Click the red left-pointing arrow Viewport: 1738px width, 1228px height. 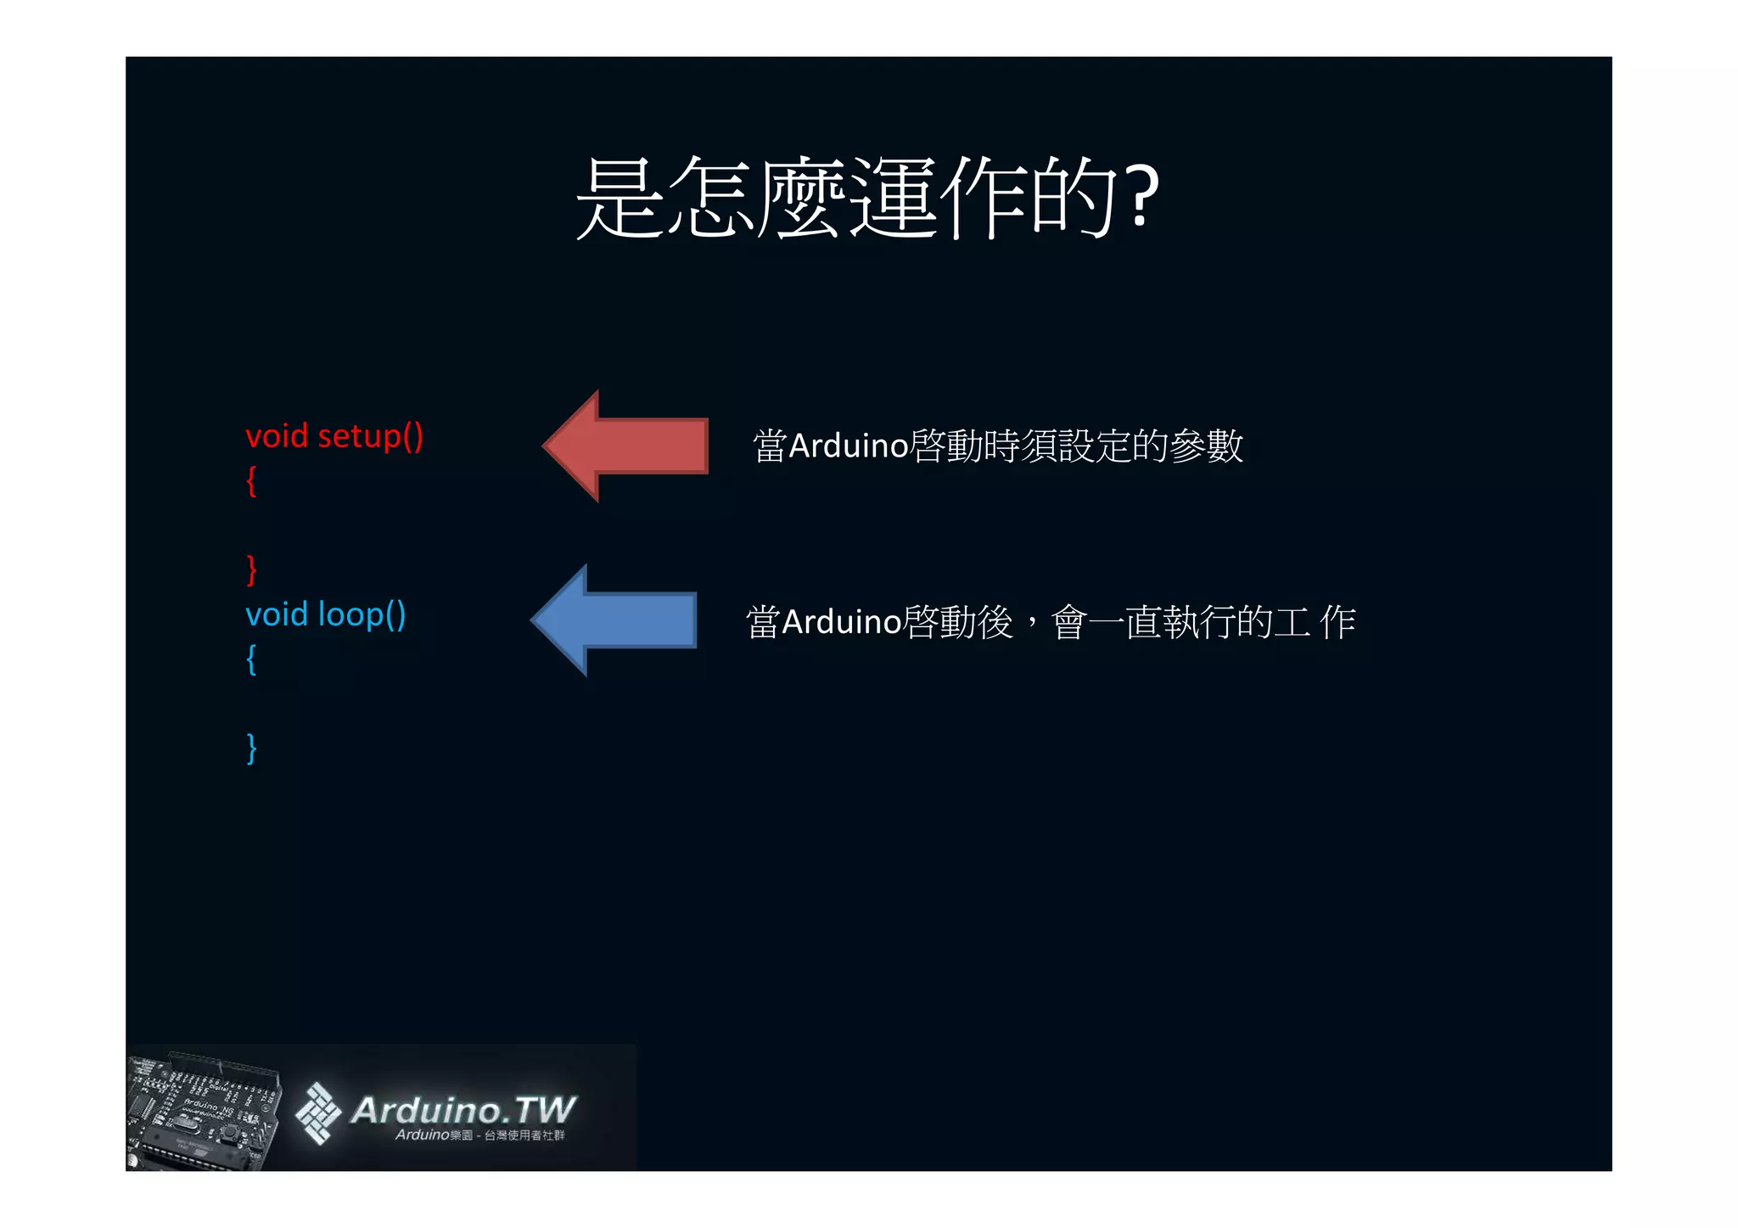point(628,446)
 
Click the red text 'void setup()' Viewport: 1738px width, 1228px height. point(334,436)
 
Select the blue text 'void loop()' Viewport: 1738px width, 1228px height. point(325,614)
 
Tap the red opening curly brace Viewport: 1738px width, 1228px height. point(251,481)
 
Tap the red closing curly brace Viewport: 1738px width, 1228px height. point(251,569)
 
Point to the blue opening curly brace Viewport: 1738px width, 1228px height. point(251,659)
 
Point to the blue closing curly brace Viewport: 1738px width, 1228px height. point(251,748)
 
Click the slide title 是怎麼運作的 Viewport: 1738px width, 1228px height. point(849,198)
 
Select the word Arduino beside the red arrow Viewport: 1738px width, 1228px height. point(849,446)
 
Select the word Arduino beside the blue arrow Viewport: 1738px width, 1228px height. point(841,622)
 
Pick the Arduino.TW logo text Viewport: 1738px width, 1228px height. point(463,1109)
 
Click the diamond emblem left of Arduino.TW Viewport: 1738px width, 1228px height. point(317,1113)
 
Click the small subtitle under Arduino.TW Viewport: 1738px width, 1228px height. point(479,1135)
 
